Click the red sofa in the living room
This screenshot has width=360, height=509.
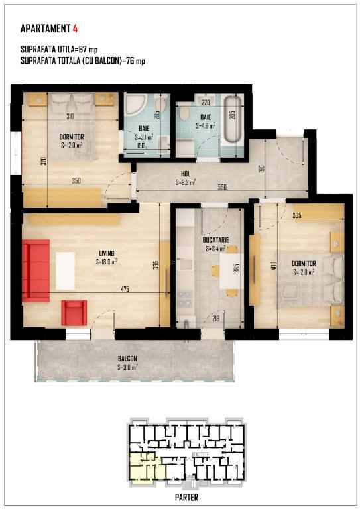tap(36, 270)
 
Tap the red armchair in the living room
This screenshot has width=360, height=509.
tap(74, 313)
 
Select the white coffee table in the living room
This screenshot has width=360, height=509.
tap(65, 270)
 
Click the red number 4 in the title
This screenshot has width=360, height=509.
tap(75, 28)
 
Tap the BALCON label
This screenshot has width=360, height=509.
tap(127, 359)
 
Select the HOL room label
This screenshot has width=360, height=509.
tap(186, 175)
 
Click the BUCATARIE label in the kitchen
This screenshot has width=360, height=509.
tap(216, 240)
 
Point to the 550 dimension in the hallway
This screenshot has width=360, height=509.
tap(222, 187)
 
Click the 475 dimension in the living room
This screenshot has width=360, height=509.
tap(125, 289)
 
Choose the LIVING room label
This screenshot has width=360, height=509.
tap(107, 253)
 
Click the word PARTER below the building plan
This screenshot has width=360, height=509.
tap(186, 497)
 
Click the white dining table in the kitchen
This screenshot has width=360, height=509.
tap(231, 272)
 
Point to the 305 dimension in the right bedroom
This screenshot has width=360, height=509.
tap(297, 215)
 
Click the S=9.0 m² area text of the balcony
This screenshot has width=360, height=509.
tap(127, 367)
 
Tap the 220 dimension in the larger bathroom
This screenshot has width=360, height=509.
tap(206, 103)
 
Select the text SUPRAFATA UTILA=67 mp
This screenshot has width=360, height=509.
tap(59, 50)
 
